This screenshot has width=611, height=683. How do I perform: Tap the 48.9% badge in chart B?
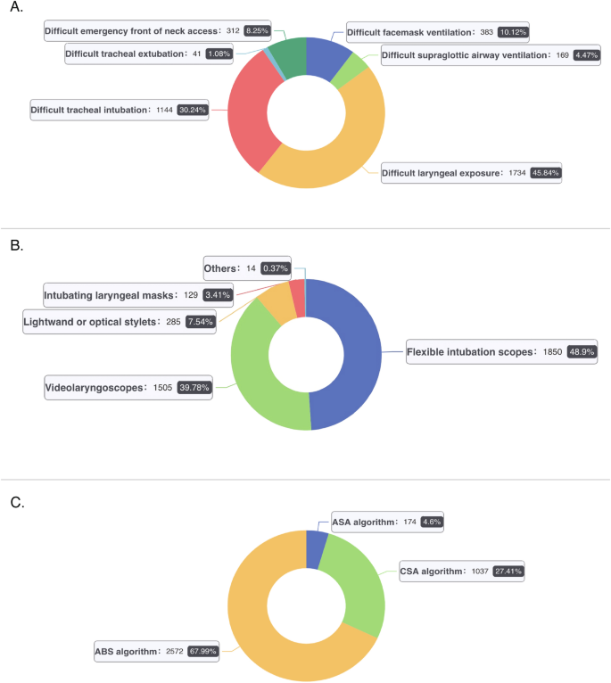582,351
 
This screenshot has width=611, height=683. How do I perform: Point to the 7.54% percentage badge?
200,322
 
